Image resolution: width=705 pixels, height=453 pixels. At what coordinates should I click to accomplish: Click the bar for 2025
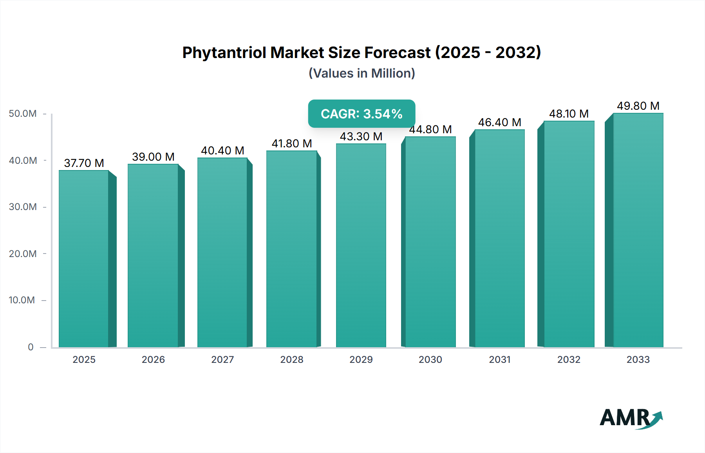coord(84,259)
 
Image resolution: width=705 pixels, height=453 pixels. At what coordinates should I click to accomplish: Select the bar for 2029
coord(361,245)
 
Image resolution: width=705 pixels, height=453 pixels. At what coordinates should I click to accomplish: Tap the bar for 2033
coord(638,230)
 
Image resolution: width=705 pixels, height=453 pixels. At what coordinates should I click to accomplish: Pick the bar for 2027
coord(222,252)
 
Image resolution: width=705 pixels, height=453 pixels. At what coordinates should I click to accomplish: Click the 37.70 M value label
coord(84,163)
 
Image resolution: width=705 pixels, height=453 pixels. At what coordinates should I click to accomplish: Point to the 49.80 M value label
coord(638,106)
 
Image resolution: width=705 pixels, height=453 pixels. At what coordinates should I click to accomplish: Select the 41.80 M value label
coord(292,143)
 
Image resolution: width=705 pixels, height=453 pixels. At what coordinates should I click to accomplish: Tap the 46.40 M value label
coord(499,122)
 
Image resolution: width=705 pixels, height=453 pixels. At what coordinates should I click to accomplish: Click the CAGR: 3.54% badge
coord(362,114)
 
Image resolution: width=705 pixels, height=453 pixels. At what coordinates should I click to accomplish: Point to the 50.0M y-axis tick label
coord(23,114)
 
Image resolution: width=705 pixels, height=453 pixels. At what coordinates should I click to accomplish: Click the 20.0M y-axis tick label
coord(23,254)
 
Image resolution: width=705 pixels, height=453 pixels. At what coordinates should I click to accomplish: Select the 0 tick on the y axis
coord(31,347)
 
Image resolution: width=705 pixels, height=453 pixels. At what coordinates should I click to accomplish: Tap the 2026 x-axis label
coord(153,359)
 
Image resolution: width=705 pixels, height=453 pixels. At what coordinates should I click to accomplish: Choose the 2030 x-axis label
coord(430,359)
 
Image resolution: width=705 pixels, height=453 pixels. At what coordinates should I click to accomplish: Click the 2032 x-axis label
coord(569,359)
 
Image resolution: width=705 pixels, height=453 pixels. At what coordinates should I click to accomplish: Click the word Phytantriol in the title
coord(224,53)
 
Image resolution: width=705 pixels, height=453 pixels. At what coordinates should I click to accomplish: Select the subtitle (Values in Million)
coord(362,73)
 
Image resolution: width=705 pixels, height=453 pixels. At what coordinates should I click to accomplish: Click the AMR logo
coord(631,418)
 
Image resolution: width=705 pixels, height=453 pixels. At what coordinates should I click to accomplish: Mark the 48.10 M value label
coord(569,114)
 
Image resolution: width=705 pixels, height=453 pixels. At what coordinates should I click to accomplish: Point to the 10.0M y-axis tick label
coord(22,300)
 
